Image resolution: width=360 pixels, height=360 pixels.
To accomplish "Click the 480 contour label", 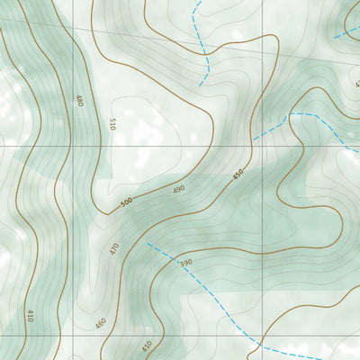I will pos(80,101).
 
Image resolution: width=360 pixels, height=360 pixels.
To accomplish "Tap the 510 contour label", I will pos(112,124).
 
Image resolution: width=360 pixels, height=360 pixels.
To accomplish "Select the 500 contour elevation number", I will pos(126,201).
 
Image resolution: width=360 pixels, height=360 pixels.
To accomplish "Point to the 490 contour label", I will pos(178,189).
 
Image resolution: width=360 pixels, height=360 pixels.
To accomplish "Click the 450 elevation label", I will pos(238,175).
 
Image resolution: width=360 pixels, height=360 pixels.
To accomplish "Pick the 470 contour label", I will pos(114,248).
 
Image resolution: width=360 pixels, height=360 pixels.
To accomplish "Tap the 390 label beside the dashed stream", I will pos(185,263).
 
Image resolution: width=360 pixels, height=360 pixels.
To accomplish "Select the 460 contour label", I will pos(100,323).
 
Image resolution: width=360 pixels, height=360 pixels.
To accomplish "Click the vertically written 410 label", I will pos(30,316).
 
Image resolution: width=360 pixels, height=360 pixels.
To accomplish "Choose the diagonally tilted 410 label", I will pos(146,346).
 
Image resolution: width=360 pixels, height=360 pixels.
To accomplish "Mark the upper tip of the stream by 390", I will pos(147,243).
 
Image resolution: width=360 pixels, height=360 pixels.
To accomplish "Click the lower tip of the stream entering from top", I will pos(201,85).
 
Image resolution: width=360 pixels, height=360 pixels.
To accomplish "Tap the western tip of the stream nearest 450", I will pos(254,139).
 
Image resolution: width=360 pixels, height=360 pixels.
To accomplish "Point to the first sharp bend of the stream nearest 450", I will pos(288,114).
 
